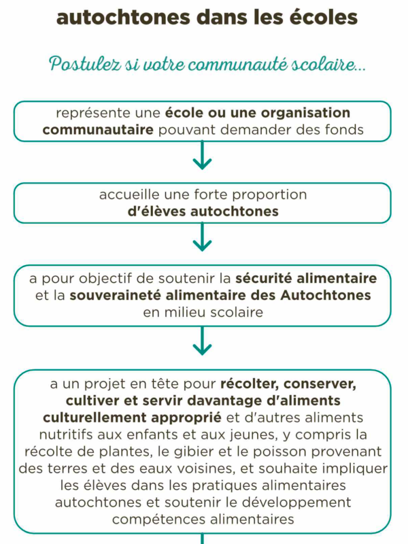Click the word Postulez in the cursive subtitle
click(x=80, y=65)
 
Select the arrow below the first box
click(x=203, y=160)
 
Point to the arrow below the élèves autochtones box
click(x=203, y=241)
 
